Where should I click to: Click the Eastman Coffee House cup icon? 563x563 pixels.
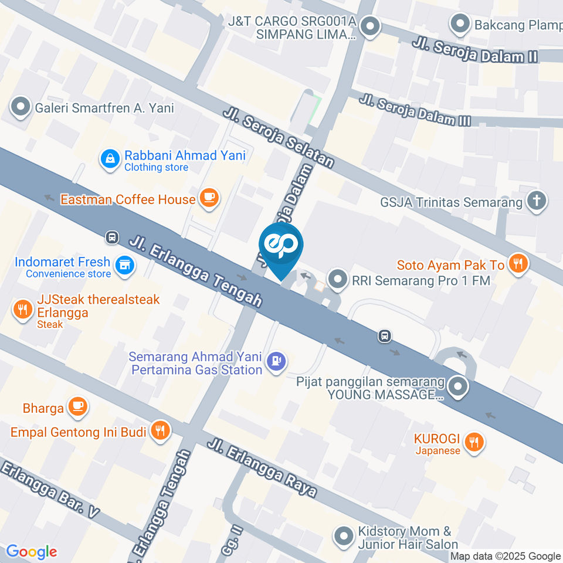coord(209,198)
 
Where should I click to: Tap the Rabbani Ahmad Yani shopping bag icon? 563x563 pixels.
coord(109,159)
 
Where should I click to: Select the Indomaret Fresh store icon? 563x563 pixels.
coord(124,266)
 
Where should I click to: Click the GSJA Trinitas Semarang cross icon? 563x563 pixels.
coord(535,202)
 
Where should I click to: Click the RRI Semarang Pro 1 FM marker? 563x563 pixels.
coord(337,280)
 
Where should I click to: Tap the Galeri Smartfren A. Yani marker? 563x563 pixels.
coord(21,108)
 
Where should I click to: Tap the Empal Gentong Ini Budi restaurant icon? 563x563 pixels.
coord(159,432)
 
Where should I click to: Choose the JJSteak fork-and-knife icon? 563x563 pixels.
coord(22,309)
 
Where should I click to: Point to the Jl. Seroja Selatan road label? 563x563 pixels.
coord(278,138)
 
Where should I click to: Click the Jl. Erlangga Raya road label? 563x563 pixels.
coord(262,467)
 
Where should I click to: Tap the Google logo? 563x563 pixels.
coord(31,552)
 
